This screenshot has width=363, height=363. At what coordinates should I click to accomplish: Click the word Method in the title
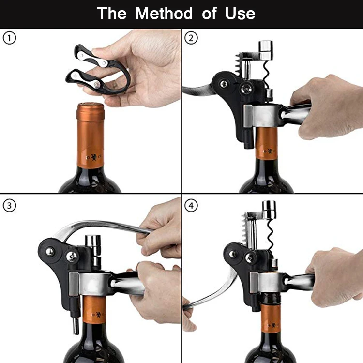click(x=164, y=13)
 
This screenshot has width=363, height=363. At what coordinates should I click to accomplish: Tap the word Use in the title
click(x=240, y=14)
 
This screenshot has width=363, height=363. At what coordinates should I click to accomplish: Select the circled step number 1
click(x=10, y=38)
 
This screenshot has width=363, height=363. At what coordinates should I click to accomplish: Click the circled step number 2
click(x=191, y=38)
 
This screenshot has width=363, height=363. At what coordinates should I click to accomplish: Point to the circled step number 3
click(x=10, y=206)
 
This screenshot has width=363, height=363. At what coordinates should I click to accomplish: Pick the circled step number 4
click(x=191, y=206)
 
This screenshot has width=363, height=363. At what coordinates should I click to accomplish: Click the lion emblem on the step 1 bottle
click(x=94, y=157)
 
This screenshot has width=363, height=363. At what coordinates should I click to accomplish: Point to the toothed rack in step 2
click(x=238, y=62)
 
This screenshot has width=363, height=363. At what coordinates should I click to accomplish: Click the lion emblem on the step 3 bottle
click(x=98, y=315)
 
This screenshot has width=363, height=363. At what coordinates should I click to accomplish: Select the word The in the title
click(x=112, y=13)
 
